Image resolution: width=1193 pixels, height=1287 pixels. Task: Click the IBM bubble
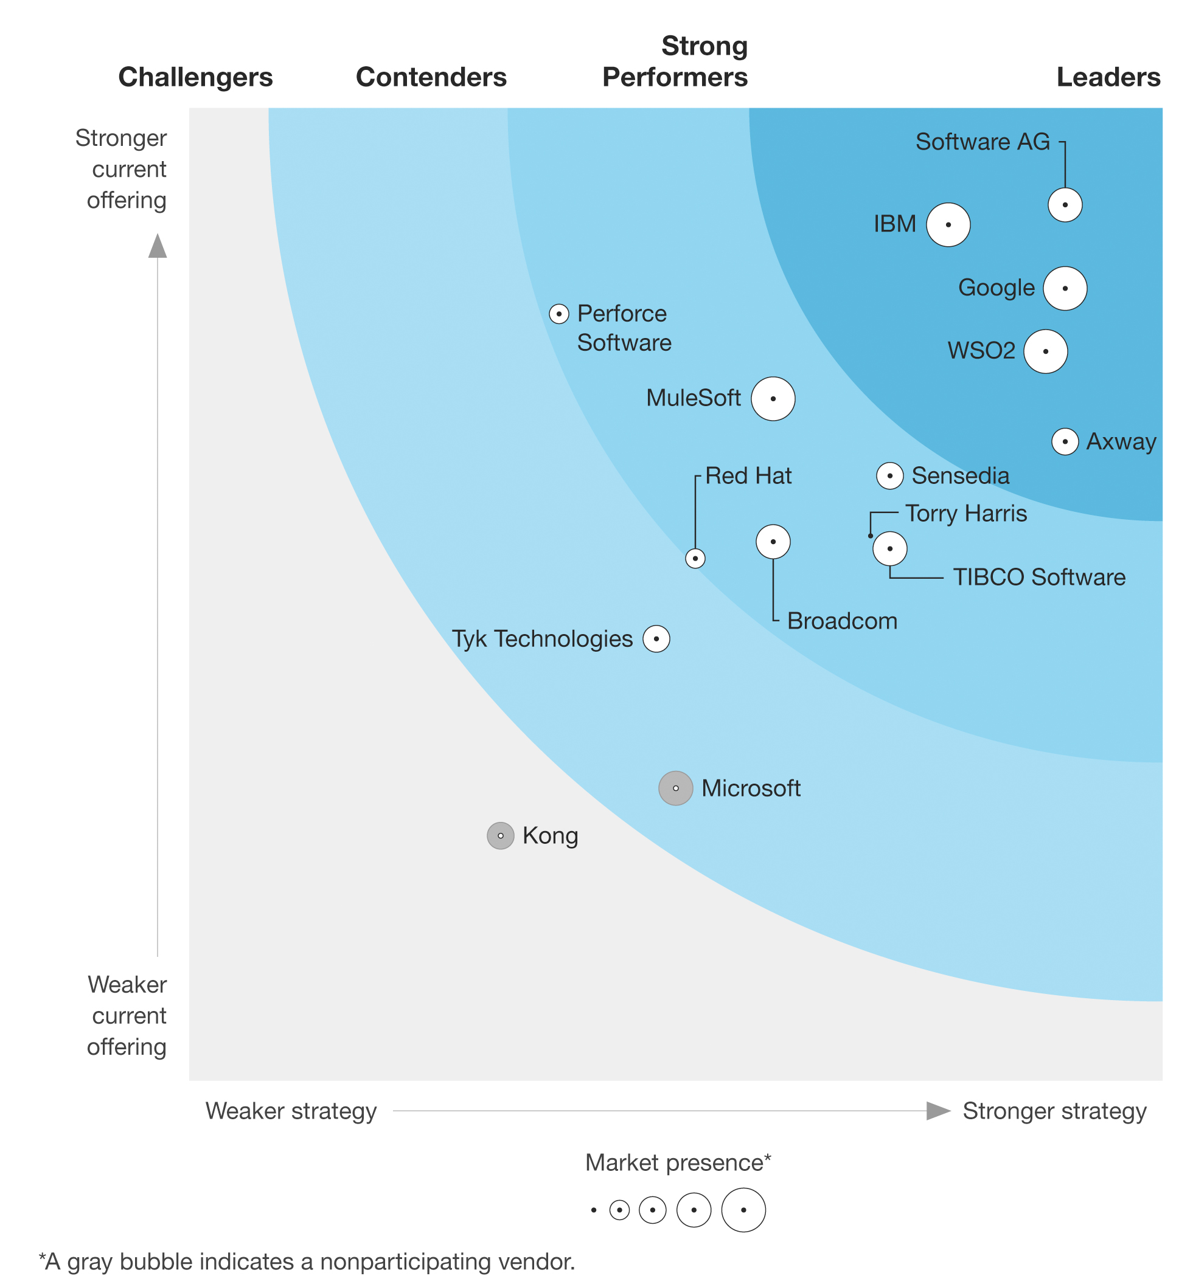(x=948, y=224)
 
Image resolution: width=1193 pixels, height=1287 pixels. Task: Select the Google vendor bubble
(x=1065, y=288)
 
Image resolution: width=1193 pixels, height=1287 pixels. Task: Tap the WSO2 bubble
(x=1045, y=351)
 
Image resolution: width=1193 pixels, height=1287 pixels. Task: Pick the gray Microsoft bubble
(x=675, y=788)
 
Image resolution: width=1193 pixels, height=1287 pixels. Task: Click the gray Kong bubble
(x=500, y=835)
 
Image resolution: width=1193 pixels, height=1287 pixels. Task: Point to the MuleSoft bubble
(x=773, y=399)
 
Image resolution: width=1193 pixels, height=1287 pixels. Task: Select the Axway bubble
(x=1065, y=442)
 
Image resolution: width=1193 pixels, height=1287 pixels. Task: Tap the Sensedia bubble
(x=889, y=476)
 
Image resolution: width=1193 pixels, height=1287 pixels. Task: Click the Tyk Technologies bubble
(x=656, y=639)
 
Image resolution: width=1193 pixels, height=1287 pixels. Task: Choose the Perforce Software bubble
(x=558, y=314)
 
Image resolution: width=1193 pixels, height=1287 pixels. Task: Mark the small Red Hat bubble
(x=695, y=558)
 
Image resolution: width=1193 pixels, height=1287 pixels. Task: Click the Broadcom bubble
(x=773, y=541)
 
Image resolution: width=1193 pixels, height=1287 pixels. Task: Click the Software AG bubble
(x=1065, y=205)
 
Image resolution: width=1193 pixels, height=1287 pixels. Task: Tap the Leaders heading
(x=1108, y=77)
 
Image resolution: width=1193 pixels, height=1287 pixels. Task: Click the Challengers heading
(x=196, y=77)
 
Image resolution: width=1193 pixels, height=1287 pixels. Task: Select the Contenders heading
(x=431, y=77)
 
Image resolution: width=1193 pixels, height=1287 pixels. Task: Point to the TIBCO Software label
(x=1038, y=577)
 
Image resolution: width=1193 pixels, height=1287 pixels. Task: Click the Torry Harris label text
(x=965, y=514)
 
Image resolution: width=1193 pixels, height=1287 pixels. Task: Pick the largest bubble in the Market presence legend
(x=743, y=1210)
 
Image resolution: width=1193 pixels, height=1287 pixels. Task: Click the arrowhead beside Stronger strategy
(x=938, y=1110)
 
